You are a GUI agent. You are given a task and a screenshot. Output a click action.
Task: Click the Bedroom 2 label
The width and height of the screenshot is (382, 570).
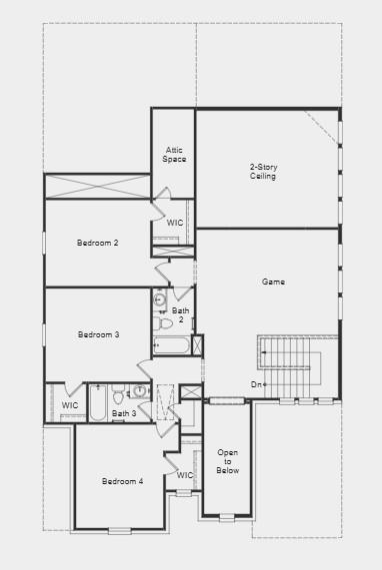98,243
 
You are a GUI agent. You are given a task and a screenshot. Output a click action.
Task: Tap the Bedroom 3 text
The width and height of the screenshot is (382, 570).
98,334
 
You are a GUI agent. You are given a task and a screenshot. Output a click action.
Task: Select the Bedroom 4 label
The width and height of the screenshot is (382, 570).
122,481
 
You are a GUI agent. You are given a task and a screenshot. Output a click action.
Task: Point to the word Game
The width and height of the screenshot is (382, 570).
273,283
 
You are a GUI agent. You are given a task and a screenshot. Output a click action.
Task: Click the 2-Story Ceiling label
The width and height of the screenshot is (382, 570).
263,171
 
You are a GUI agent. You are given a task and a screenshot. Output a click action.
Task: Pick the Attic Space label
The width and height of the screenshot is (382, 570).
174,155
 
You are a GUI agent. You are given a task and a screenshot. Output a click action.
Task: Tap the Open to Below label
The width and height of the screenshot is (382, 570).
228,462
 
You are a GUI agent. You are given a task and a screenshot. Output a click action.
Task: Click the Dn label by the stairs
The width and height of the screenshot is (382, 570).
258,384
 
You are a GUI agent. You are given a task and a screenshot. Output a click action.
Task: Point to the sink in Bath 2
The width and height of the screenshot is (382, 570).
159,298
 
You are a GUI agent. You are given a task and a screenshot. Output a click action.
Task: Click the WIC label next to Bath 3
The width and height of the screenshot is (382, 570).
69,405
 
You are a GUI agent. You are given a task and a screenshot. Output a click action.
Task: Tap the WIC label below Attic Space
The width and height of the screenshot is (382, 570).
174,223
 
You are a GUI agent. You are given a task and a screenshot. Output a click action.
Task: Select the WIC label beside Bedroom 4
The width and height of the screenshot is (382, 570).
185,475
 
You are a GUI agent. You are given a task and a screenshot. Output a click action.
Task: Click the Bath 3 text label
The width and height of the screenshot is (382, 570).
124,413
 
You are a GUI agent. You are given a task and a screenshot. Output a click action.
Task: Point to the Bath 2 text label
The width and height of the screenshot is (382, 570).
180,315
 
